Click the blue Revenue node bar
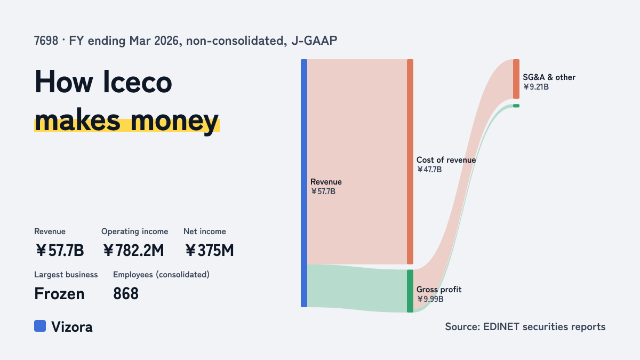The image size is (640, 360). pos(304,183)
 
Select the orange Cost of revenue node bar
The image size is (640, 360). pos(410,162)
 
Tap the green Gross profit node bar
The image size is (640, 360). pos(410,291)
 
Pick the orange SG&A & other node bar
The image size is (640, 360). pos(516,79)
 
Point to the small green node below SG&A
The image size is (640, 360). pos(516,106)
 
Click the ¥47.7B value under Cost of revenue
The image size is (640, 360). pos(429,170)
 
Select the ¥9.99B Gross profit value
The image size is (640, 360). pos(430,299)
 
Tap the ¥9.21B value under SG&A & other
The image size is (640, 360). pos(536,87)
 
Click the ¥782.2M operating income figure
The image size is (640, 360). pos(133,250)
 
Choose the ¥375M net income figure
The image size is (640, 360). pos(210,250)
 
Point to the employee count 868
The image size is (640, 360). pos(126,294)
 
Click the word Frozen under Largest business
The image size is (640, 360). pos(59,294)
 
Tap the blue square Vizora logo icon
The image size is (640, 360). pos(40,326)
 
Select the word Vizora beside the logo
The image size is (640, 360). pos(72,327)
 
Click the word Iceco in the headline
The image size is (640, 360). pos(138,82)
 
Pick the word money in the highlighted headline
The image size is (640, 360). pos(174,121)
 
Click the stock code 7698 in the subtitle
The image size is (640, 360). pos(46,41)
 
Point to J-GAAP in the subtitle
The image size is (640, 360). pos(314,41)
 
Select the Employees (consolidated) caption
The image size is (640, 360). pos(161,275)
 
